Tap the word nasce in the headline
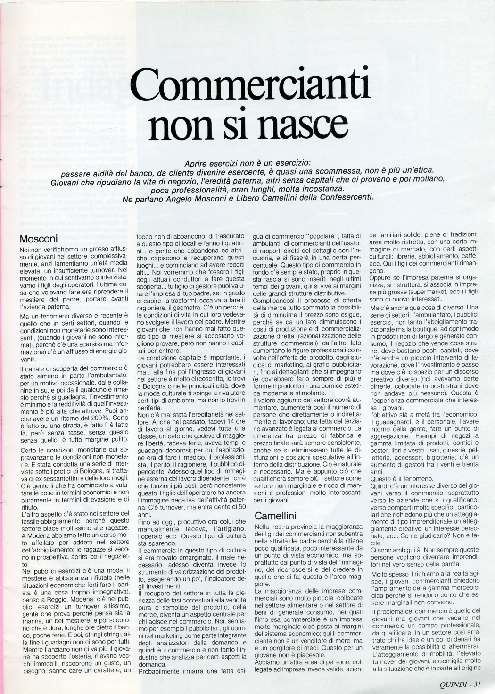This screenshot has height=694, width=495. coord(301,122)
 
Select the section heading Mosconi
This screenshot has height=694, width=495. coord(39,238)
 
